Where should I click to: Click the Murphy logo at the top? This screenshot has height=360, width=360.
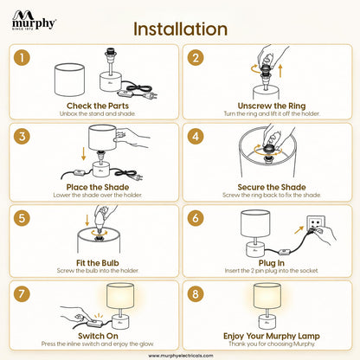click(34, 20)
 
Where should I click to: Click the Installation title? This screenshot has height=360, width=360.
click(180, 29)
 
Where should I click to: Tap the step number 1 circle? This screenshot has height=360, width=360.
click(22, 58)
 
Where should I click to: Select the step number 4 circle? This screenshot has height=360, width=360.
click(196, 137)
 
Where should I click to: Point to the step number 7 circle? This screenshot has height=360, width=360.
click(22, 294)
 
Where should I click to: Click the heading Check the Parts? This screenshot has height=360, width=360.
click(98, 106)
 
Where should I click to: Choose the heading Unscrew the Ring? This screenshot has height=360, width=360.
click(272, 106)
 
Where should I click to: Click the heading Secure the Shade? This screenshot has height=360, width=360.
click(272, 187)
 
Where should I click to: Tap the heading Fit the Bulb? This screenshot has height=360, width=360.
click(98, 263)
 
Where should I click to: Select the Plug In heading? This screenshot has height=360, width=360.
click(272, 263)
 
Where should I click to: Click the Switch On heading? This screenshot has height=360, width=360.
click(98, 336)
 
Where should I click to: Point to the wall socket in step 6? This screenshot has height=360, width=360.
click(315, 224)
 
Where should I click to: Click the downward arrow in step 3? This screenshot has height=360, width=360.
click(83, 154)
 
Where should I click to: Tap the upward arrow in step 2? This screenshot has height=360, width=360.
click(280, 71)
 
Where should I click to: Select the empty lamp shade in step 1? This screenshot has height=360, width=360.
click(69, 80)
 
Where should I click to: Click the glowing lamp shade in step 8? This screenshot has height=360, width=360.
click(267, 296)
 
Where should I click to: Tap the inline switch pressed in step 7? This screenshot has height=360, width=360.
click(95, 323)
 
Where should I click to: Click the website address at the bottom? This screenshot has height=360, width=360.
click(181, 356)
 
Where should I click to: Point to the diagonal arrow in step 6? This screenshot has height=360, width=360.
click(299, 230)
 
